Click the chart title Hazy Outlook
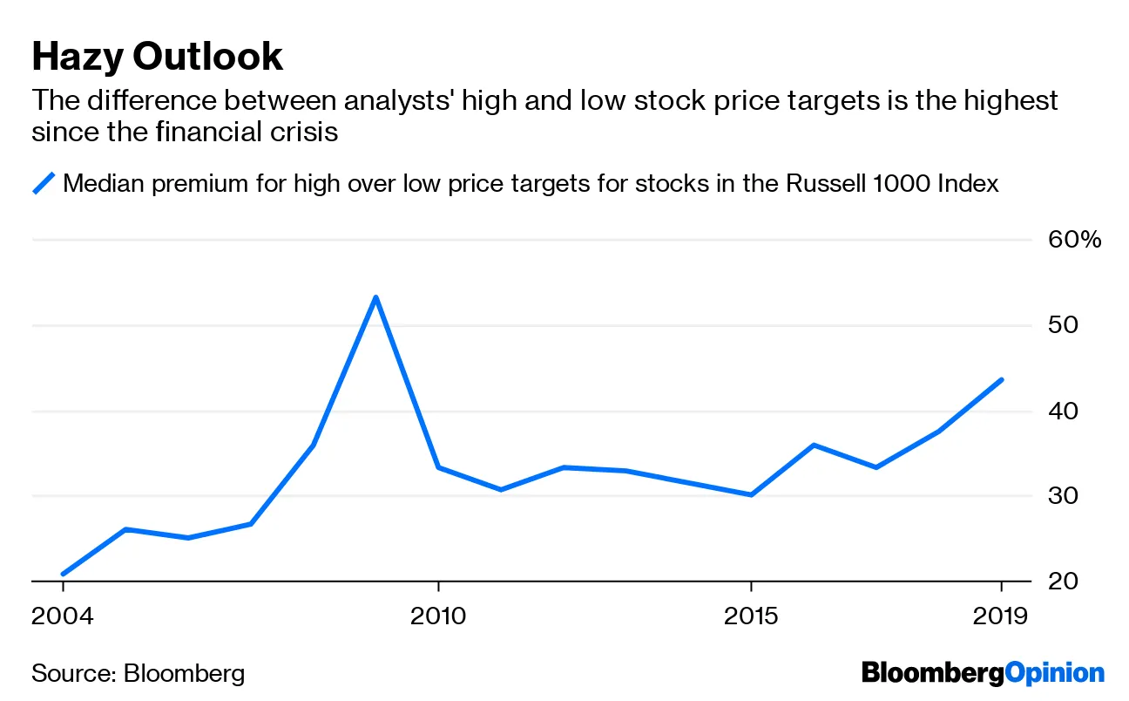(x=157, y=58)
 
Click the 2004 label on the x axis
(x=63, y=616)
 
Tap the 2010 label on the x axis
(x=438, y=616)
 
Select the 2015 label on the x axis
(x=751, y=616)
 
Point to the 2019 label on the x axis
(x=1001, y=616)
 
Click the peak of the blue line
(x=375, y=297)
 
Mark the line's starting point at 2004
(x=63, y=574)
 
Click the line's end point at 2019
(x=1002, y=379)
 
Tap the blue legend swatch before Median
(x=44, y=184)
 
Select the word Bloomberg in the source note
(x=184, y=673)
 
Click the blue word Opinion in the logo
(x=1054, y=673)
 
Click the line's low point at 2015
(x=751, y=494)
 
